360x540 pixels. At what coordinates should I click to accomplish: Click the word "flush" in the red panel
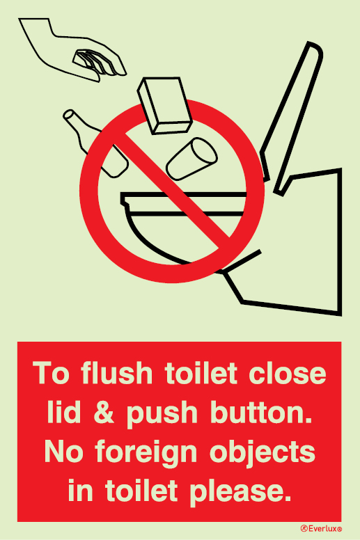117,372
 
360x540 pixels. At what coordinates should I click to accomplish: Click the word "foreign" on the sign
146,453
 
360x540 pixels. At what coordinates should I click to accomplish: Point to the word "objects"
262,453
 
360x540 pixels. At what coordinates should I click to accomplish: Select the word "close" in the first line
288,372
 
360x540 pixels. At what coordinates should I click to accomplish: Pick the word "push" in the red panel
162,413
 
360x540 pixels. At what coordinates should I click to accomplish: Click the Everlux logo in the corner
321,528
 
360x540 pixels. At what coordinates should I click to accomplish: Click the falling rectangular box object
164,105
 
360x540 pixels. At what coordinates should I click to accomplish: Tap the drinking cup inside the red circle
191,159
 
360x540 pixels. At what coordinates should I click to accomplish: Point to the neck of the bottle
77,122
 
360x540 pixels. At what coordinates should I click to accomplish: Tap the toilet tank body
303,241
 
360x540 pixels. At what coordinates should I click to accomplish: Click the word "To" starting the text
51,372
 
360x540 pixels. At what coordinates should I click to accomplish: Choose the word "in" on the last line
80,490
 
